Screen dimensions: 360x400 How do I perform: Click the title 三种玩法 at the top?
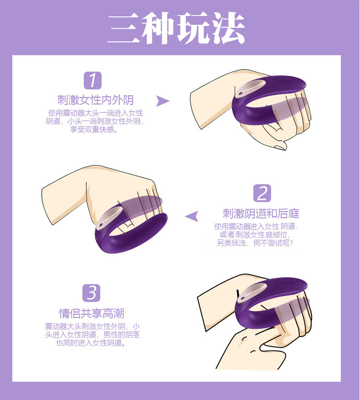(176, 28)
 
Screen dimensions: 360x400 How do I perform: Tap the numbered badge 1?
(93, 80)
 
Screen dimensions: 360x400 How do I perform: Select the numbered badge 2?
(262, 193)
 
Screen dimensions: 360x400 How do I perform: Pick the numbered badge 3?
(92, 293)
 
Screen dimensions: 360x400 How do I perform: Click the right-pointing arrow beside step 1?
(162, 101)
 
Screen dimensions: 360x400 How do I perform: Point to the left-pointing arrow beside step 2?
(192, 216)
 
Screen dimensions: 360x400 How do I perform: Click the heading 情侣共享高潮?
(92, 313)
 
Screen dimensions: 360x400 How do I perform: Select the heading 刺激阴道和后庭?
(261, 214)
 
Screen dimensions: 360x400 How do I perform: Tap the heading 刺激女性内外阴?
(96, 100)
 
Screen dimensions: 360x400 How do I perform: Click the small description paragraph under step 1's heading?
(95, 121)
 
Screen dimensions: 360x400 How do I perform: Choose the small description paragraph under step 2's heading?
(256, 235)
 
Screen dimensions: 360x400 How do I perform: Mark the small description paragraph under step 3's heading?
(92, 334)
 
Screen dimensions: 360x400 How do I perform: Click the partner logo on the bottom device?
(285, 281)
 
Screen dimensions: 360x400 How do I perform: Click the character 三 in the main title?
(124, 29)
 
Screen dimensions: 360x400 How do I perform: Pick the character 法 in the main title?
(228, 28)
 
